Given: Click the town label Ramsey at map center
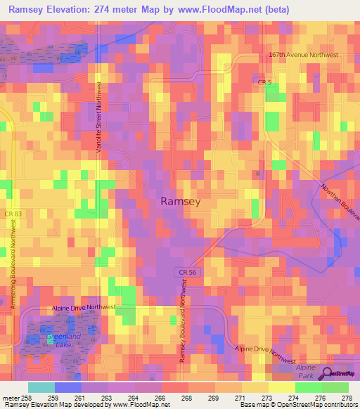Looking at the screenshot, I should pyautogui.click(x=181, y=201).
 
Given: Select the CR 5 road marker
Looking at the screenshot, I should pyautogui.click(x=264, y=82).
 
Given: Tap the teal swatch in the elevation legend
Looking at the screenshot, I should pyautogui.click(x=41, y=387).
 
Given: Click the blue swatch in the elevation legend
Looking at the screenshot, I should pyautogui.click(x=68, y=387).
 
